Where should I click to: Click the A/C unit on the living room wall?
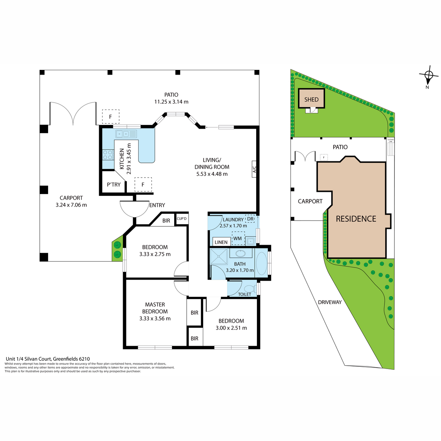pyautogui.click(x=254, y=169)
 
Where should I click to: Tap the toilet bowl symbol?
pyautogui.click(x=250, y=288)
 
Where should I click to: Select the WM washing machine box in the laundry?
pyautogui.click(x=238, y=239)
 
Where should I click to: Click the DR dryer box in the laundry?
pyautogui.click(x=250, y=219)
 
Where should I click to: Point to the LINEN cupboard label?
pyautogui.click(x=221, y=242)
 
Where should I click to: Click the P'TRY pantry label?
pyautogui.click(x=114, y=184)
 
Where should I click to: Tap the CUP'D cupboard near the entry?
pyautogui.click(x=182, y=219)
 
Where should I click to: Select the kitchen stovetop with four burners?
pyautogui.click(x=108, y=154)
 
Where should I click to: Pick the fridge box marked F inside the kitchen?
pyautogui.click(x=143, y=184)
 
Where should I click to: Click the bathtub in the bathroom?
pyautogui.click(x=261, y=263)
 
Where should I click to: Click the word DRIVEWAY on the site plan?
pyautogui.click(x=330, y=302)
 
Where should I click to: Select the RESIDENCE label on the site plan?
pyautogui.click(x=356, y=219)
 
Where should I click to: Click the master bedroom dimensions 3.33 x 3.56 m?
pyautogui.click(x=155, y=318)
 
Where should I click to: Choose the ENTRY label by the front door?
pyautogui.click(x=157, y=205)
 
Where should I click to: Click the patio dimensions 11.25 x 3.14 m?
pyautogui.click(x=171, y=101)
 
